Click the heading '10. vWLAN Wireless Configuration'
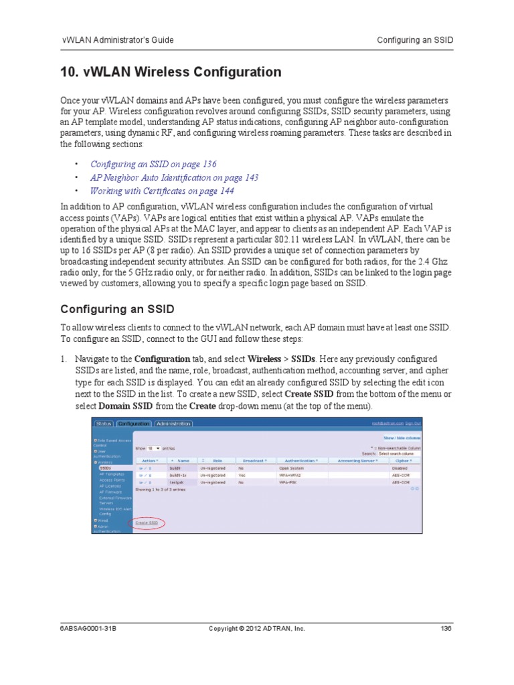171,72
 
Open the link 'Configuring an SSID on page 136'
153,164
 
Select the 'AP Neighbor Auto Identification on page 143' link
174,177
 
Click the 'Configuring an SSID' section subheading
118,309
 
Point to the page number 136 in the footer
446,628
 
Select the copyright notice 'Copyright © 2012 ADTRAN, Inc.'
256,628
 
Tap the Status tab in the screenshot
104,423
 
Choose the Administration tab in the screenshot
173,423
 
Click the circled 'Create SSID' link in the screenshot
147,522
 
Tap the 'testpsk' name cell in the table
177,482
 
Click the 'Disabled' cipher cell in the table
400,468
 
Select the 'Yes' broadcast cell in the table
242,475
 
